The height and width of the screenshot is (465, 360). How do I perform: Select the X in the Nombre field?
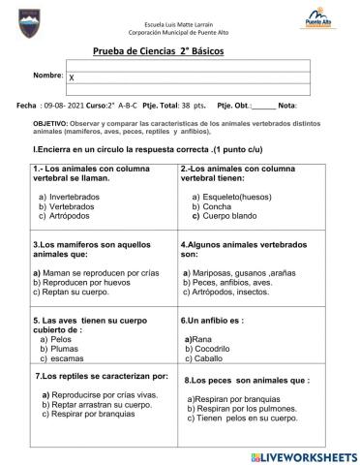72,76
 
